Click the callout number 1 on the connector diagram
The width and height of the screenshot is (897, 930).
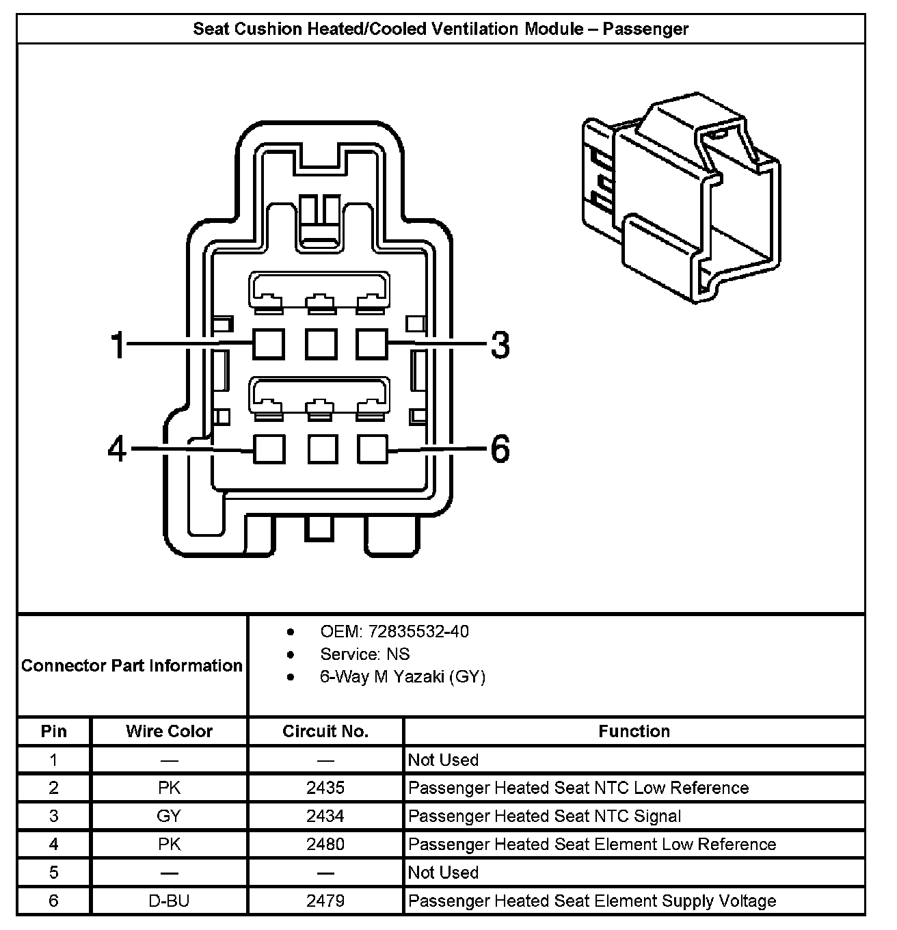(119, 345)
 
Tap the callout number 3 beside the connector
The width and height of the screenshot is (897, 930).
(500, 345)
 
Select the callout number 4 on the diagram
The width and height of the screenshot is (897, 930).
(118, 449)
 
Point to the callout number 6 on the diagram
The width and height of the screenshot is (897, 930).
(500, 449)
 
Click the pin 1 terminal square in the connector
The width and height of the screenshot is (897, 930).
(269, 343)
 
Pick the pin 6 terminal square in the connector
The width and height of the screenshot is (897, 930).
(373, 449)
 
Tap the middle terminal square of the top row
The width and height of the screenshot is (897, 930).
(320, 343)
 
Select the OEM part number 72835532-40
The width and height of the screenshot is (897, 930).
(418, 631)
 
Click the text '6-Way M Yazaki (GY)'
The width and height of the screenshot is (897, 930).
(403, 677)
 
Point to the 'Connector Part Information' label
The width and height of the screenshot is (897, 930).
(132, 665)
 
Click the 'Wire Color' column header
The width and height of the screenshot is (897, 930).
(169, 731)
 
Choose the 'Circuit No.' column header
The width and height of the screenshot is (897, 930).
(325, 731)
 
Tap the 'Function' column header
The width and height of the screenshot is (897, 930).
(634, 731)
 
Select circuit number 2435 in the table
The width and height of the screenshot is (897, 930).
(325, 788)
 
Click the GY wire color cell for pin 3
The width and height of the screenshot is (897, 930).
(169, 816)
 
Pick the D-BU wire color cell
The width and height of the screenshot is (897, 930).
(169, 901)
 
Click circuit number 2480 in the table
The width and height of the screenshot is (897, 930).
(325, 844)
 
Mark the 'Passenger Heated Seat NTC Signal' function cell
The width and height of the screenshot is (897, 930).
(544, 816)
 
